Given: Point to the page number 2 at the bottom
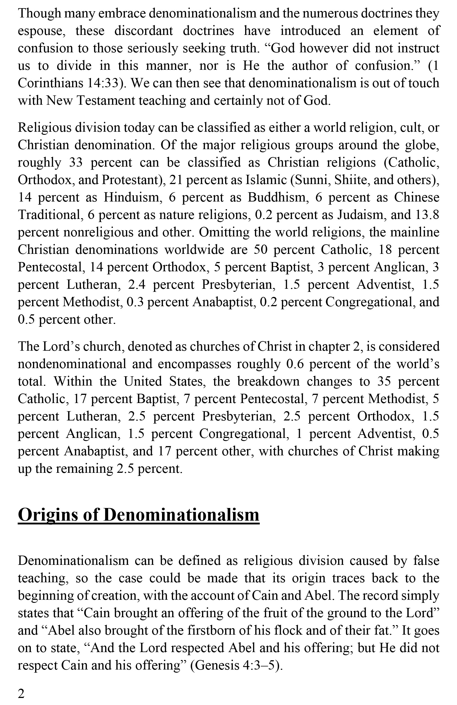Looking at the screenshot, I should click(21, 693).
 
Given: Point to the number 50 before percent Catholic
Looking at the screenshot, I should click(261, 250).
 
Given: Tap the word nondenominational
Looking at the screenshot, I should click(72, 364).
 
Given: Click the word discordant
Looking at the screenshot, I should click(143, 31).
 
